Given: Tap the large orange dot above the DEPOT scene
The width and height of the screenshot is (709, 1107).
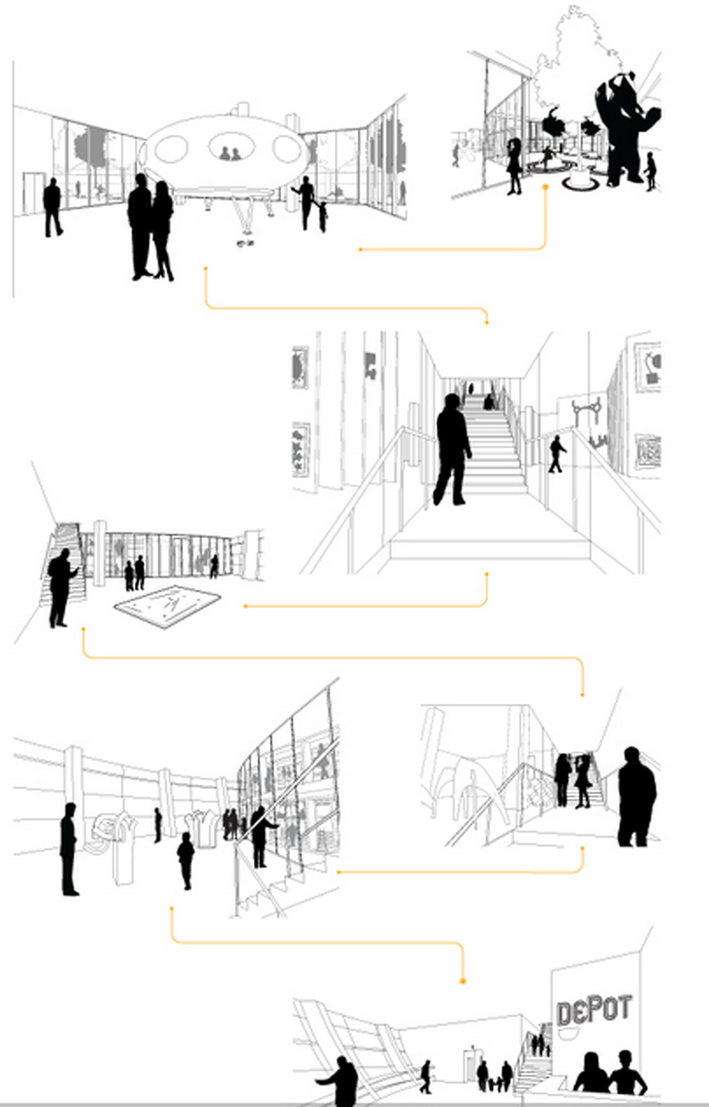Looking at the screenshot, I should click(x=463, y=981).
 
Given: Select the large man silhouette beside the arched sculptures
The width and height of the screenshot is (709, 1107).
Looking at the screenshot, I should click(x=636, y=797).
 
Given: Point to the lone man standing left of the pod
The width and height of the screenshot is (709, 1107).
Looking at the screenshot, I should click(x=53, y=207).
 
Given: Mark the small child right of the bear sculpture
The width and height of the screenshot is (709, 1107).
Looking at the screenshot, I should click(x=651, y=171).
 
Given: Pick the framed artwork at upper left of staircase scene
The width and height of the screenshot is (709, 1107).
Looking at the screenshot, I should click(x=300, y=368).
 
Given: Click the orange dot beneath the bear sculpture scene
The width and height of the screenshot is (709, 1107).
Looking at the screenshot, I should click(x=545, y=187).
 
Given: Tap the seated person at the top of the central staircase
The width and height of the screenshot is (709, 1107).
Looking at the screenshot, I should click(x=488, y=403).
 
